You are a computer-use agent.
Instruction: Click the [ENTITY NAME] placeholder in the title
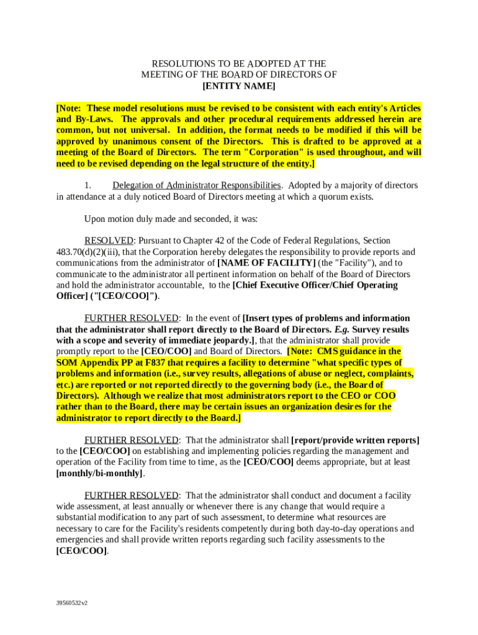tap(239, 86)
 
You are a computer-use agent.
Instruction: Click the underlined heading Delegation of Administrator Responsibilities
tap(197, 185)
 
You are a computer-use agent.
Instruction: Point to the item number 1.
tap(88, 185)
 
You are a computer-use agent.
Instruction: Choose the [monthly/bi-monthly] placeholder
tap(100, 473)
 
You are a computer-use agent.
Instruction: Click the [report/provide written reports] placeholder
tap(355, 440)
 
